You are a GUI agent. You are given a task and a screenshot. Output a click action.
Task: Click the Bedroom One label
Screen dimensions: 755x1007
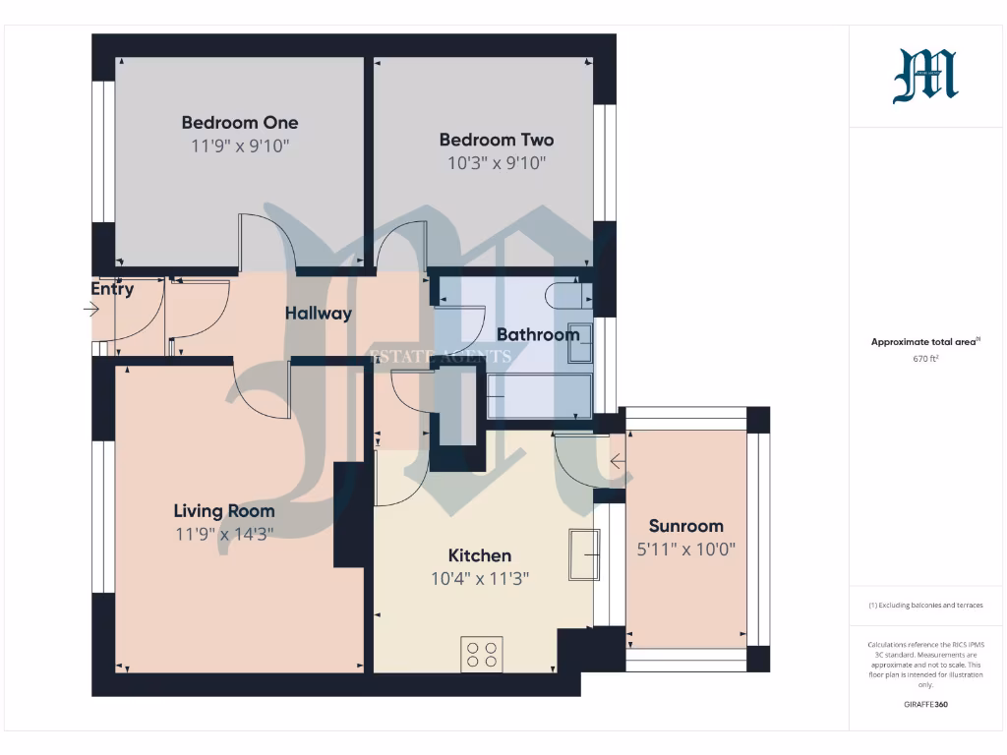[x=239, y=123]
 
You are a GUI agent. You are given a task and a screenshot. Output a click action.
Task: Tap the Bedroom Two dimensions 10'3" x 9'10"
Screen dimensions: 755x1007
[x=496, y=163]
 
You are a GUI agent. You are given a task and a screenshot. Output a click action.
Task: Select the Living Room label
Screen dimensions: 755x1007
[x=224, y=511]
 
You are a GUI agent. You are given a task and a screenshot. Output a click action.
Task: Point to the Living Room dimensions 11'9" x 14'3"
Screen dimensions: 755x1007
[x=224, y=534]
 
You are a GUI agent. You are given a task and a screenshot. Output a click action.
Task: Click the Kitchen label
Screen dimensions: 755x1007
[x=480, y=555]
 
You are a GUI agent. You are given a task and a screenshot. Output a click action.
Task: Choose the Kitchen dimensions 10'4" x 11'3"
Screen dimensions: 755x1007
[x=480, y=579]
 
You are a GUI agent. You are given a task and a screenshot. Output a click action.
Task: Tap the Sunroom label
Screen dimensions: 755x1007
[x=685, y=526]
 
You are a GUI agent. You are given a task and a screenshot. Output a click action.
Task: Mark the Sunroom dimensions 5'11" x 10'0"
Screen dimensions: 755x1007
[x=685, y=550]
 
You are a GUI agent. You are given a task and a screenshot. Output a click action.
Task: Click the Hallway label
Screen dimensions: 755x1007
[x=319, y=314]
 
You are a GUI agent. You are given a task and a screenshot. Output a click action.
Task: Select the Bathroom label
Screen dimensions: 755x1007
[x=537, y=334]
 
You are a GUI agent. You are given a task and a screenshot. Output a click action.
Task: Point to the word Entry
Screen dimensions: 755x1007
[x=112, y=289]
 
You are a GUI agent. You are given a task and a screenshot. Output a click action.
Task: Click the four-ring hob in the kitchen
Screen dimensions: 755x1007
[x=482, y=654]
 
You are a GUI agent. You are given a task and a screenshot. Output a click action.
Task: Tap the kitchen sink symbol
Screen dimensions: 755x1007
[x=584, y=555]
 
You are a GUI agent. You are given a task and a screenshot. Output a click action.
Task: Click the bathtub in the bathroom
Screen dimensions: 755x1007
[x=540, y=397]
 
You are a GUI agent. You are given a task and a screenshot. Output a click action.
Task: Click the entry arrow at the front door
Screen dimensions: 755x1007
[x=91, y=310]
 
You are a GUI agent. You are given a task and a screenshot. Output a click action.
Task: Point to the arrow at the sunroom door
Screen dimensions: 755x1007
[x=618, y=461]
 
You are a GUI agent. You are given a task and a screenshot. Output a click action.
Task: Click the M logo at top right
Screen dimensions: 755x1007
[x=924, y=78]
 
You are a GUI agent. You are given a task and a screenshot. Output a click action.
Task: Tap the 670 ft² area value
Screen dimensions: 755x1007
[x=925, y=359]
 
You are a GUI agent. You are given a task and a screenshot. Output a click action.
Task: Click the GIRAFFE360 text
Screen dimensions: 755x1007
[x=925, y=705]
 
